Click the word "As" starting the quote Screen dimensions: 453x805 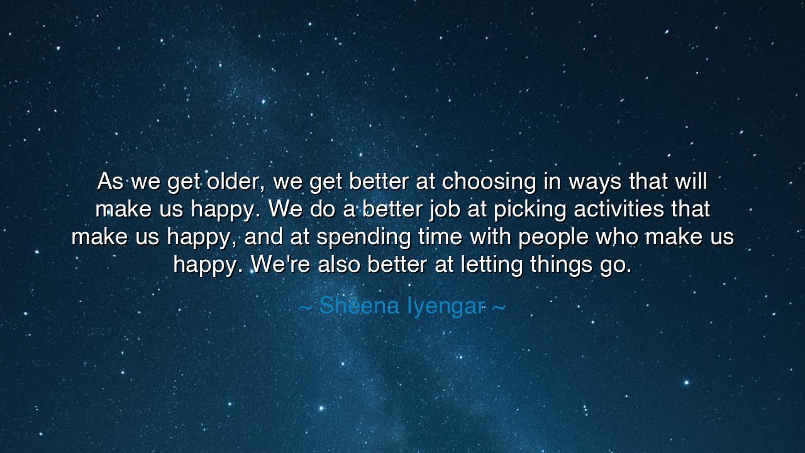coord(110,182)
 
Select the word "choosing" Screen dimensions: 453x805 coord(489,182)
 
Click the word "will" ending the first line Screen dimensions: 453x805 coord(691,182)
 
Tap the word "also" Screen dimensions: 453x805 coord(339,265)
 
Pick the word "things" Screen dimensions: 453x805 coord(558,265)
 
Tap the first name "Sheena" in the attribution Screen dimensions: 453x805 coord(359,306)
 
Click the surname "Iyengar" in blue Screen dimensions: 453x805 coord(445,306)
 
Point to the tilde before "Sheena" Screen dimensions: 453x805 coord(305,307)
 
